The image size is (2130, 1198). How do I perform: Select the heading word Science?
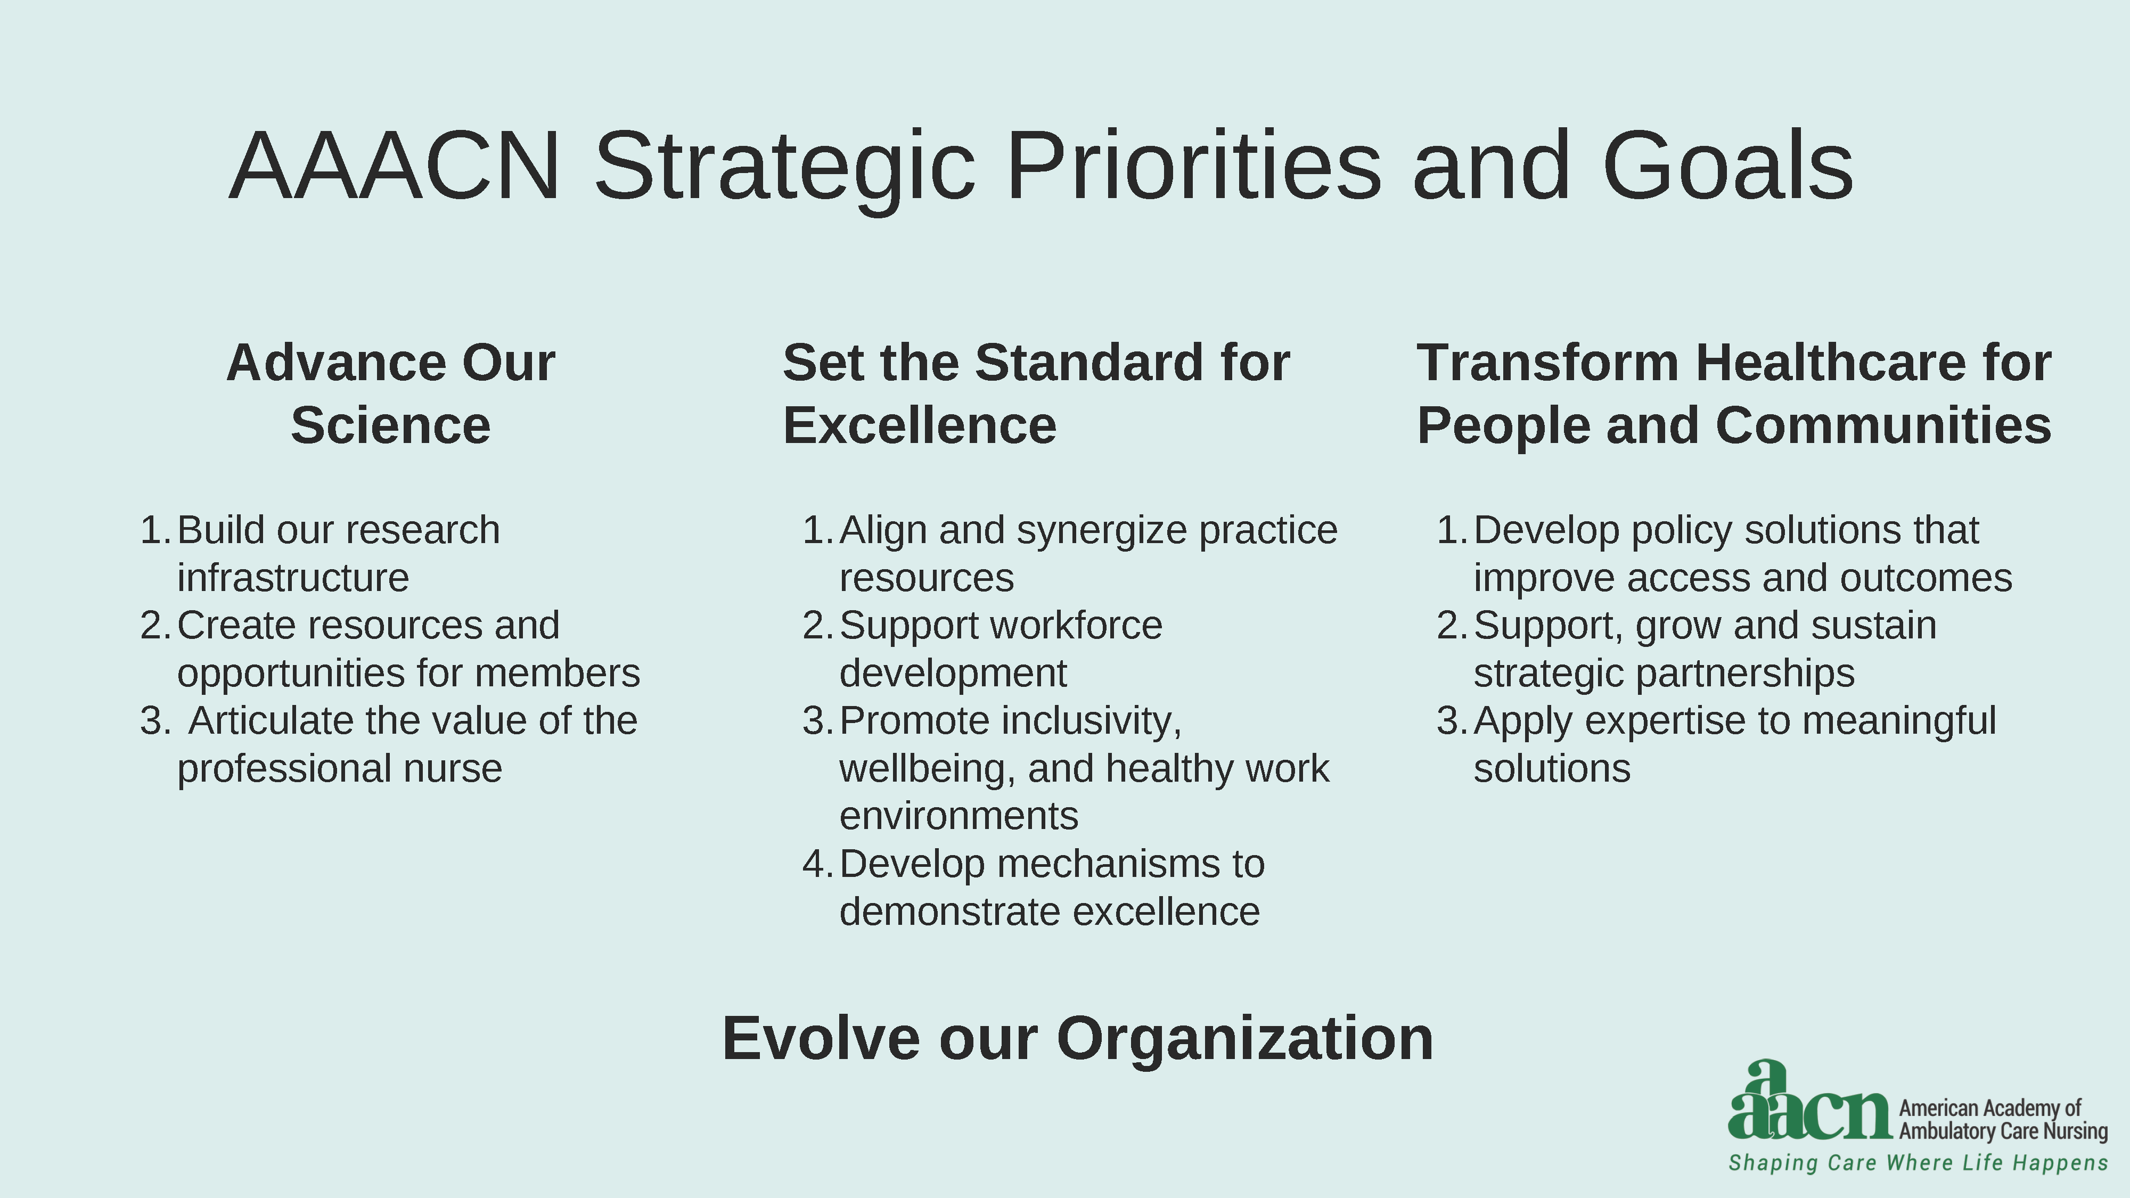[390, 426]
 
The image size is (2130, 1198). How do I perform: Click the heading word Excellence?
[920, 426]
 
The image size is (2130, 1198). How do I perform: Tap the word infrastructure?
[293, 578]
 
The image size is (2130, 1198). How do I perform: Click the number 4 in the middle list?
[815, 865]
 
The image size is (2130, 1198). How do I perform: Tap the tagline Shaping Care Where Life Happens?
[1918, 1163]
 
